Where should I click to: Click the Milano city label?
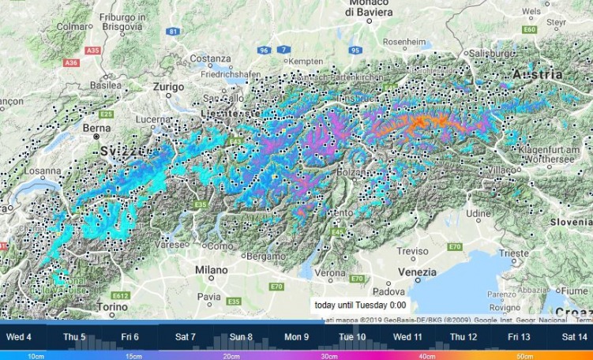pos(211,271)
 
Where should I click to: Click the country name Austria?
pos(537,73)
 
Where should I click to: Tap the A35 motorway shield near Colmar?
pos(72,62)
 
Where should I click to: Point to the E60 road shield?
pos(529,29)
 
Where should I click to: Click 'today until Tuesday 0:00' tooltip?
pos(359,305)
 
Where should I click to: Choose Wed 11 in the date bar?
pos(407,337)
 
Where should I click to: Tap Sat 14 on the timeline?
pos(573,337)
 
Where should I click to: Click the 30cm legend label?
pos(329,356)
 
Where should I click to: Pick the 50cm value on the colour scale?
pos(524,356)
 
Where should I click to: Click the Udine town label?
pos(477,213)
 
